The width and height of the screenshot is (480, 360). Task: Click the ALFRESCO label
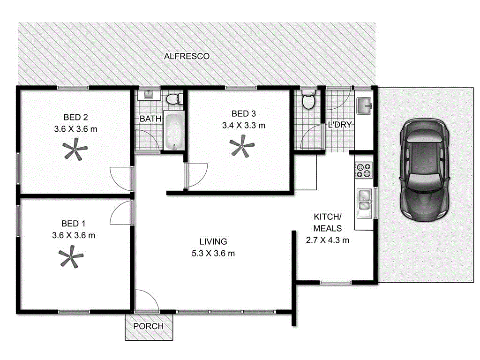click(x=187, y=56)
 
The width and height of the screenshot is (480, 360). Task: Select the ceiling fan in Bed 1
click(x=71, y=258)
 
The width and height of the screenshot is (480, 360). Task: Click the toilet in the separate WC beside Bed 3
click(x=308, y=99)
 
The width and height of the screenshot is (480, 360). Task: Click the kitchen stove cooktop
click(x=363, y=170)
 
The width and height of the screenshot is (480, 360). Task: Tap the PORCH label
click(x=149, y=326)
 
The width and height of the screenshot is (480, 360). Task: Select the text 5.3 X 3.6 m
click(x=213, y=254)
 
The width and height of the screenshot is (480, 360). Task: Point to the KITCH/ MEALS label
click(x=328, y=223)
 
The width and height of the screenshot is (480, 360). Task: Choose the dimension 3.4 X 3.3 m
click(x=244, y=125)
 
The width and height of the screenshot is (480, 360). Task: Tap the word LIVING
click(x=213, y=242)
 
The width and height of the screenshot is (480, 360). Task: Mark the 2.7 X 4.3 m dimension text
click(x=328, y=240)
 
